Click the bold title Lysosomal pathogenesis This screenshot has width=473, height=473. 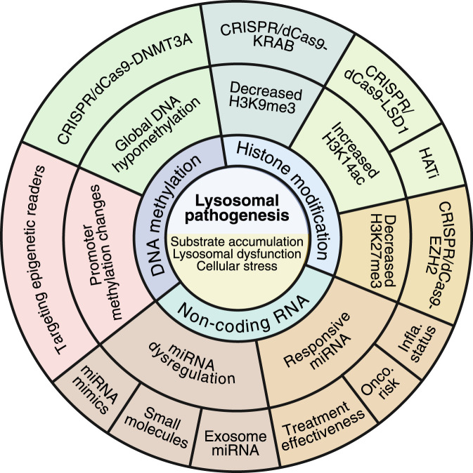tap(237, 208)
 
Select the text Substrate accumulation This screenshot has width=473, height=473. tap(237, 241)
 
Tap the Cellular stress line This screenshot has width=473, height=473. tap(237, 266)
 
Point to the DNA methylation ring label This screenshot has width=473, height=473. tap(174, 215)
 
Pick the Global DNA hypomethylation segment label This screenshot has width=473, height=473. tap(157, 134)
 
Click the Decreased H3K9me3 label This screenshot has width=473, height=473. tap(266, 98)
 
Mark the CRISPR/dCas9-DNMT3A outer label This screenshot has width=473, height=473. tap(124, 90)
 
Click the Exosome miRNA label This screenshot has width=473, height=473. tap(235, 443)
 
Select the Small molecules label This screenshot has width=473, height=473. tap(157, 427)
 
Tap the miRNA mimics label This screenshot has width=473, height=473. tap(95, 389)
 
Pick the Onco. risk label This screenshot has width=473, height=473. tap(380, 382)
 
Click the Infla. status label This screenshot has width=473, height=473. tap(417, 344)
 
